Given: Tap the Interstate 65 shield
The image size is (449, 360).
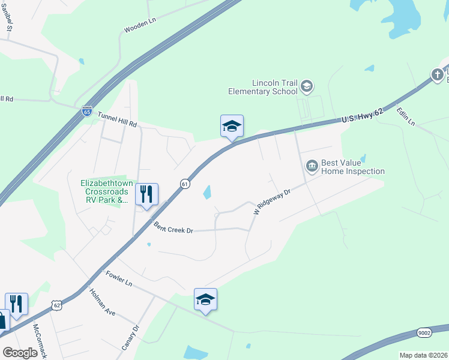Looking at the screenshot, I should [87, 111].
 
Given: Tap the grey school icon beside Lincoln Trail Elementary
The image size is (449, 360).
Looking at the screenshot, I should [307, 87].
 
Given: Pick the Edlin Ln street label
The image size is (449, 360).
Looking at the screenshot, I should [405, 116].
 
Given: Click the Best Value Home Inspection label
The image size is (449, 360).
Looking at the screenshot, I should [353, 167].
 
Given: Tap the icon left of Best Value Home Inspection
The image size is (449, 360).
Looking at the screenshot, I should [312, 165].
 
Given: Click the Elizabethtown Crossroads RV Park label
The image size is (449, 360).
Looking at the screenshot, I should [106, 191].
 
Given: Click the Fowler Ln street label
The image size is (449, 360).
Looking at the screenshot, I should [118, 278].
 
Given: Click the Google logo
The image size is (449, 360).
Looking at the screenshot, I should [20, 353].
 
